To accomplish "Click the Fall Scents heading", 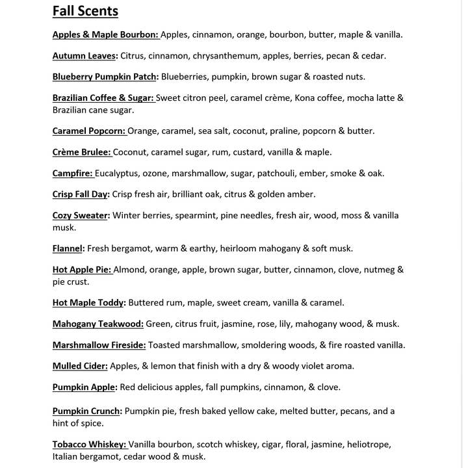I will (85, 11).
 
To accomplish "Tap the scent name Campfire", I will (73, 174).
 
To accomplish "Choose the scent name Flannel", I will (68, 248).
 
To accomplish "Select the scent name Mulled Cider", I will (80, 366).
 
